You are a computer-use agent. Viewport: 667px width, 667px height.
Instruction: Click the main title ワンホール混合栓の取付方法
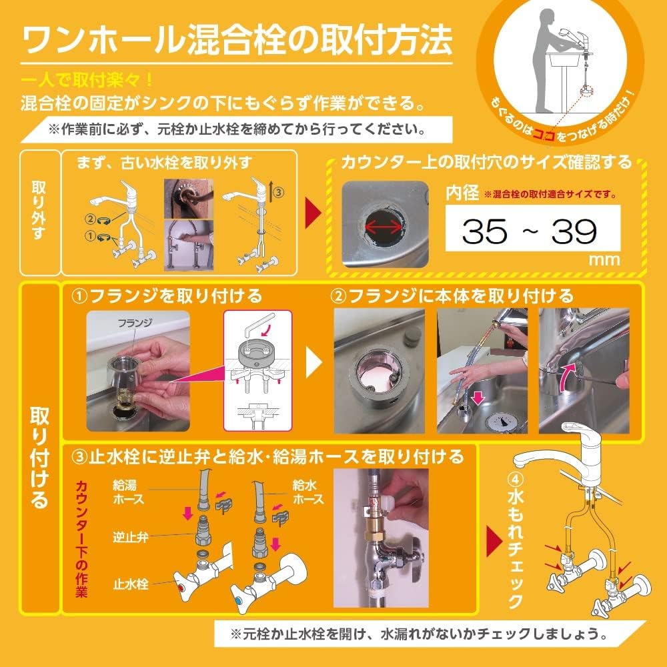237,41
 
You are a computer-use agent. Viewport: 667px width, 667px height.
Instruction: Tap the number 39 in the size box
574,231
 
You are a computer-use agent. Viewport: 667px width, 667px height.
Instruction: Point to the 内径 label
462,194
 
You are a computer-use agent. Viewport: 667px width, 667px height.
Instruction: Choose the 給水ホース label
308,493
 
